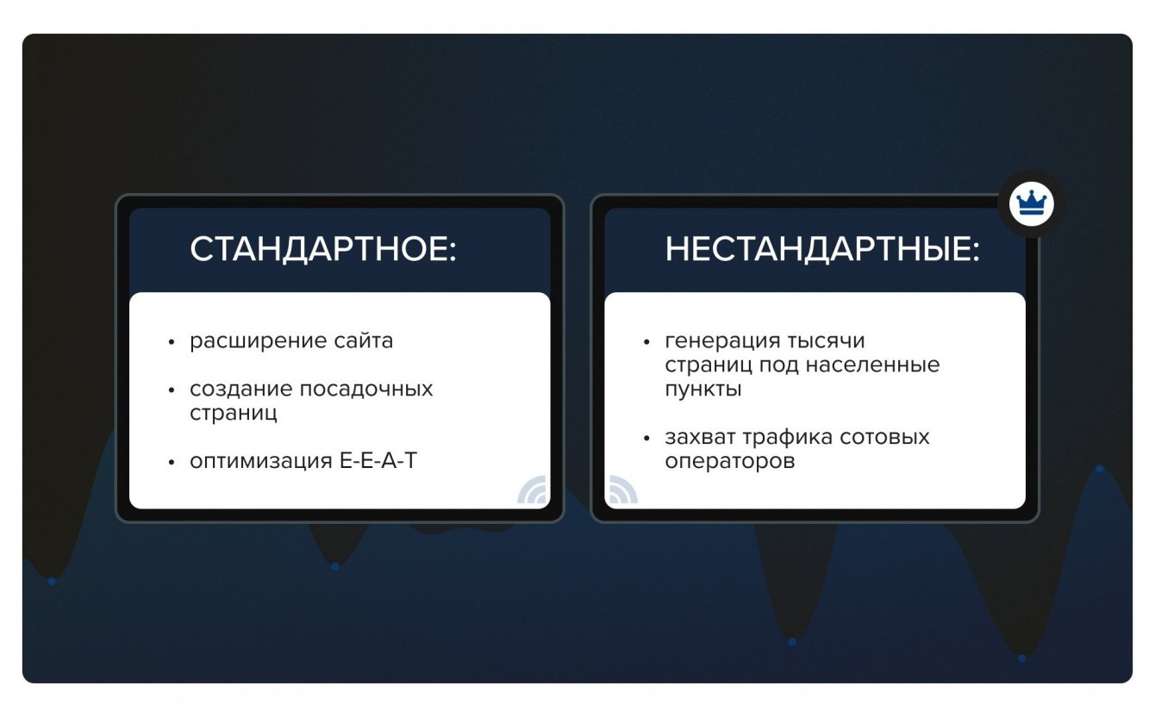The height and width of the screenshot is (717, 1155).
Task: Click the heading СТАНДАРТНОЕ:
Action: coord(323,249)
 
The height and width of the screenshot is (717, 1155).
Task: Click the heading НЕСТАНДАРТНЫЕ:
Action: coord(822,249)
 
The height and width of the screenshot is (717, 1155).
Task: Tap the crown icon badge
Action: coord(1031,204)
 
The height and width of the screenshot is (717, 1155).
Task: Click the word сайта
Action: coord(364,340)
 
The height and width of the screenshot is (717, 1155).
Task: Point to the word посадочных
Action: coord(366,390)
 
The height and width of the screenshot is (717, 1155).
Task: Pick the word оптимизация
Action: coord(260,461)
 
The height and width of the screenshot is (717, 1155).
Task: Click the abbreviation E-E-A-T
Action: coord(378,461)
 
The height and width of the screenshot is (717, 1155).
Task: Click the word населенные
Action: coord(872,365)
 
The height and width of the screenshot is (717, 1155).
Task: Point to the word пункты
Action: coord(703,390)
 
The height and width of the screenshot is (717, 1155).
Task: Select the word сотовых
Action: coord(884,438)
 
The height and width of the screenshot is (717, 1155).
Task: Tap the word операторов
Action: coord(729,461)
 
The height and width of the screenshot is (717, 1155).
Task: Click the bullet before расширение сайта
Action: coord(172,342)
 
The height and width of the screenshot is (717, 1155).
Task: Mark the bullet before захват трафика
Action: coord(647,438)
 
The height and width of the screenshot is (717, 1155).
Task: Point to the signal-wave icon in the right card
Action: coord(623,489)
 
